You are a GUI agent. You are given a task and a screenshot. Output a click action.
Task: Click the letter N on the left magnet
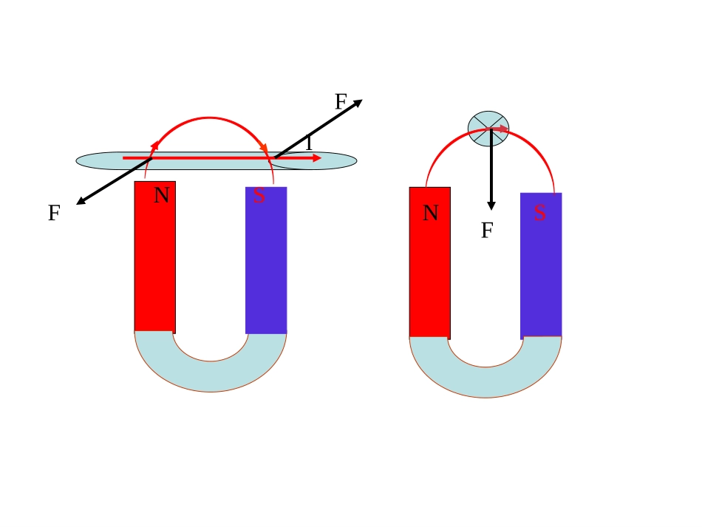pos(162,195)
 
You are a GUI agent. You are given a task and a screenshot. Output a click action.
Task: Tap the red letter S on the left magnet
pos(259,195)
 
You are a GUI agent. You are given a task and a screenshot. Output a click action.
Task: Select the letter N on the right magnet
pos(431,213)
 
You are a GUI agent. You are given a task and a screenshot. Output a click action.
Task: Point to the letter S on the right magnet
pos(540,213)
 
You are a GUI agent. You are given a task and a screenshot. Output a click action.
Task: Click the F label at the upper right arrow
pos(341,102)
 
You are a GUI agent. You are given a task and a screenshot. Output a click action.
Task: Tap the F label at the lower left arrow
pos(54,213)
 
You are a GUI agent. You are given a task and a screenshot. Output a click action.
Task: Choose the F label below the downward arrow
pos(487,230)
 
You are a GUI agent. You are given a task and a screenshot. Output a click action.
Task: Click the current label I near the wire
pos(309,143)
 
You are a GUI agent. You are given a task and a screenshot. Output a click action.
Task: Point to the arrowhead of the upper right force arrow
pos(357,103)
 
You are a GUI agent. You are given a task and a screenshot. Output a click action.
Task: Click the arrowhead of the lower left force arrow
pos(81,202)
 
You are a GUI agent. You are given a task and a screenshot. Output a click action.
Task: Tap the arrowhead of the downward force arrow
pos(491,206)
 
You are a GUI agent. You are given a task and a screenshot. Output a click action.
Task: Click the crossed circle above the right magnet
pos(488,129)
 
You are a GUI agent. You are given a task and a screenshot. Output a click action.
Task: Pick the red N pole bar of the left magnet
pos(155,257)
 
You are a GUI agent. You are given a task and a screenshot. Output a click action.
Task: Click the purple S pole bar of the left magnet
pos(266,260)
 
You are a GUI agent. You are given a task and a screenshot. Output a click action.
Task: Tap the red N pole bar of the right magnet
pos(430,263)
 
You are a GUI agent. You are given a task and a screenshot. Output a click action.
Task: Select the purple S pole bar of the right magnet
pos(541,266)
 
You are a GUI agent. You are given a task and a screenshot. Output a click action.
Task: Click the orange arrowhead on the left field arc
pos(264,148)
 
